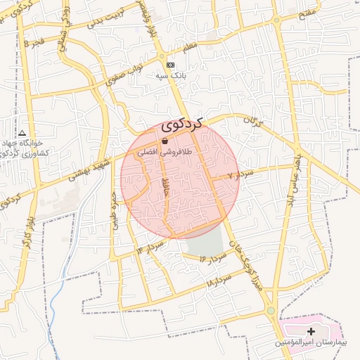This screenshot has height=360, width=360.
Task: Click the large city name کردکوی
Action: [x=181, y=124]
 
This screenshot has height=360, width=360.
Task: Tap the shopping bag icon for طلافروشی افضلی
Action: [x=165, y=141]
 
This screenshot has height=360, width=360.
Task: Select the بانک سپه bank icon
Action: [x=170, y=65]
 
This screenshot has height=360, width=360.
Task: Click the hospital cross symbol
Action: [x=311, y=330]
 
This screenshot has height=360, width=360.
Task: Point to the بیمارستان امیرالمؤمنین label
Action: [x=309, y=342]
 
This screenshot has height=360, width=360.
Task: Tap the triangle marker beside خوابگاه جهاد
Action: [x=22, y=133]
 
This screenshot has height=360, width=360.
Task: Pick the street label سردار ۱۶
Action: [x=212, y=259]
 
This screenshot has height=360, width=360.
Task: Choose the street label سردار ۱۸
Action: [x=219, y=281]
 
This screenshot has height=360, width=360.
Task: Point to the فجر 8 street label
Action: [x=35, y=42]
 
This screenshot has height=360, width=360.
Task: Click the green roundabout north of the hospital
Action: [x=271, y=310]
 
